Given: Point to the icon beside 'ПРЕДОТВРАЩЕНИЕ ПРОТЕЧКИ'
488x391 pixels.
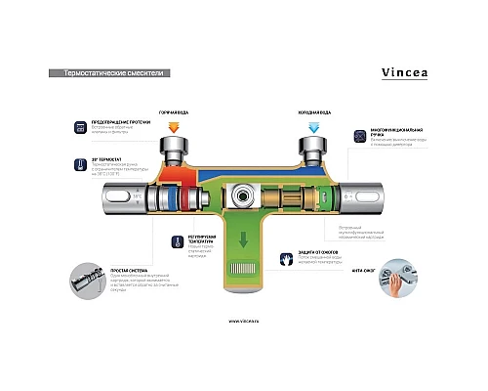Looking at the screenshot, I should pos(78,126).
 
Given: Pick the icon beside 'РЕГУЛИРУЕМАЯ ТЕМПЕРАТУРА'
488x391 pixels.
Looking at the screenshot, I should pos(166,239).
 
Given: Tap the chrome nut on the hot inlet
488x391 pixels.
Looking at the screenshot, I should pos(175,152).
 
